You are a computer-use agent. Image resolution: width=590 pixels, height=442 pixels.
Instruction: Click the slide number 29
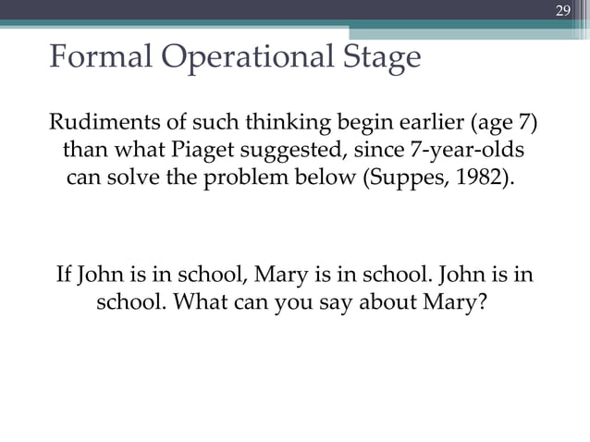point(561,10)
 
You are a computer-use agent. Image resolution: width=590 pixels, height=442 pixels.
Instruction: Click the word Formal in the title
point(98,58)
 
